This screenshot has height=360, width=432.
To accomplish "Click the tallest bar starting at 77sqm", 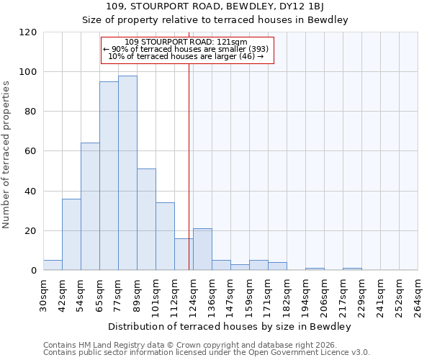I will (x=127, y=173).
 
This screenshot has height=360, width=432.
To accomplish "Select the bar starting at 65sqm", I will (x=109, y=176).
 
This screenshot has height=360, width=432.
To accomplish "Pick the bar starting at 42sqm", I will (x=71, y=234).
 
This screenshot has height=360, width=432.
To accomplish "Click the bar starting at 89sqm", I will (x=146, y=220).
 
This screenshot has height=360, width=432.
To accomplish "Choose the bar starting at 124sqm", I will (x=202, y=250).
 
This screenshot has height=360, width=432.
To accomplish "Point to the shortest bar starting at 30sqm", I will (x=53, y=265).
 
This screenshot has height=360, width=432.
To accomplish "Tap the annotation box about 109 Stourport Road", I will (x=187, y=49).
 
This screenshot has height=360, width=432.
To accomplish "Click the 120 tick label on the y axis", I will (x=28, y=32).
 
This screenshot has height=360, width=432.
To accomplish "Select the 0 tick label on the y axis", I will (x=33, y=271).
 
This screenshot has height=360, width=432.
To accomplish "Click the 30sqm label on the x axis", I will (x=44, y=295).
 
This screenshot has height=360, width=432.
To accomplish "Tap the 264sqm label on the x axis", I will (x=418, y=295).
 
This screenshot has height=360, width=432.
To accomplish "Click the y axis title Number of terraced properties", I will (x=6, y=155).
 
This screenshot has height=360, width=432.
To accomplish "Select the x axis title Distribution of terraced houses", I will (x=230, y=327).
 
